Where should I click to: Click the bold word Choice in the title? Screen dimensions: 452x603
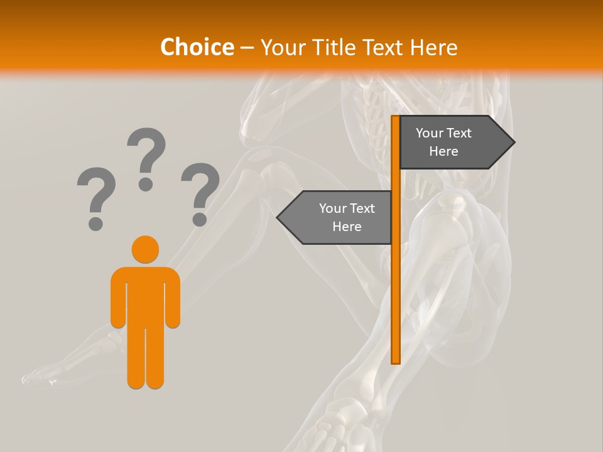(x=197, y=47)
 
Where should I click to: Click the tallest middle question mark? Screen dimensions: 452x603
(x=146, y=154)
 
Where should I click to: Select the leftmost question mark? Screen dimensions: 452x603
(x=96, y=195)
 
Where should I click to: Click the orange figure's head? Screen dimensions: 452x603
(x=145, y=249)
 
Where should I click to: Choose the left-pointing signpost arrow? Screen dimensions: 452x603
(x=336, y=218)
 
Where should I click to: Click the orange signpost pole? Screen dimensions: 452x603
(x=396, y=282)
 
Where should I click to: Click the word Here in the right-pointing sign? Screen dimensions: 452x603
(x=443, y=151)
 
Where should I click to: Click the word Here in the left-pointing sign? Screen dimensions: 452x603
(x=347, y=227)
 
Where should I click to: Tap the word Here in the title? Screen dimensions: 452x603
(x=433, y=47)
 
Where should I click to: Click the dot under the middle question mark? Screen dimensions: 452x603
(x=146, y=184)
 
